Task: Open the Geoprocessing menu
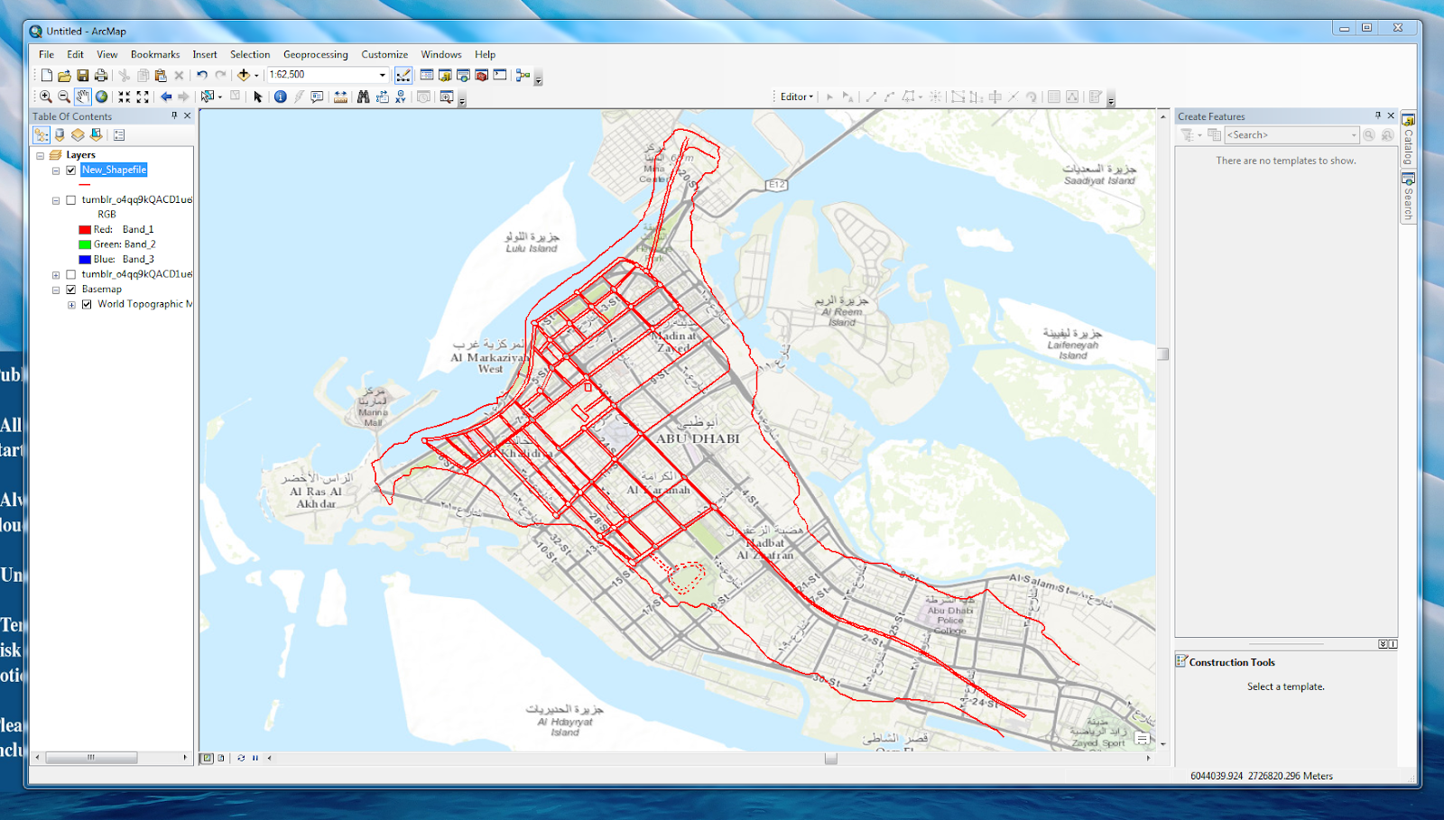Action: pos(315,54)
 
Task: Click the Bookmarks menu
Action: pos(155,54)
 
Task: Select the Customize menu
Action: pos(384,54)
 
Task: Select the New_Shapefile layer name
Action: pos(114,170)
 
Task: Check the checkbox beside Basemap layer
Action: pos(71,290)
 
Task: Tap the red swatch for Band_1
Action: pos(85,230)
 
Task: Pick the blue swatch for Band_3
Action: pos(85,260)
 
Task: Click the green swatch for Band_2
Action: pos(85,244)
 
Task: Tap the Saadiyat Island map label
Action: pos(1098,174)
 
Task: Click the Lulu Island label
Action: pos(532,243)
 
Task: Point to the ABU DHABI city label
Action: pos(698,438)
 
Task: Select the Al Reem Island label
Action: pos(841,311)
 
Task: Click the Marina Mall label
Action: pos(373,411)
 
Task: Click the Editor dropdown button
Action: pos(796,97)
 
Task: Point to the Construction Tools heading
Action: pos(1231,662)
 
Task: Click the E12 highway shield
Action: pos(776,185)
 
